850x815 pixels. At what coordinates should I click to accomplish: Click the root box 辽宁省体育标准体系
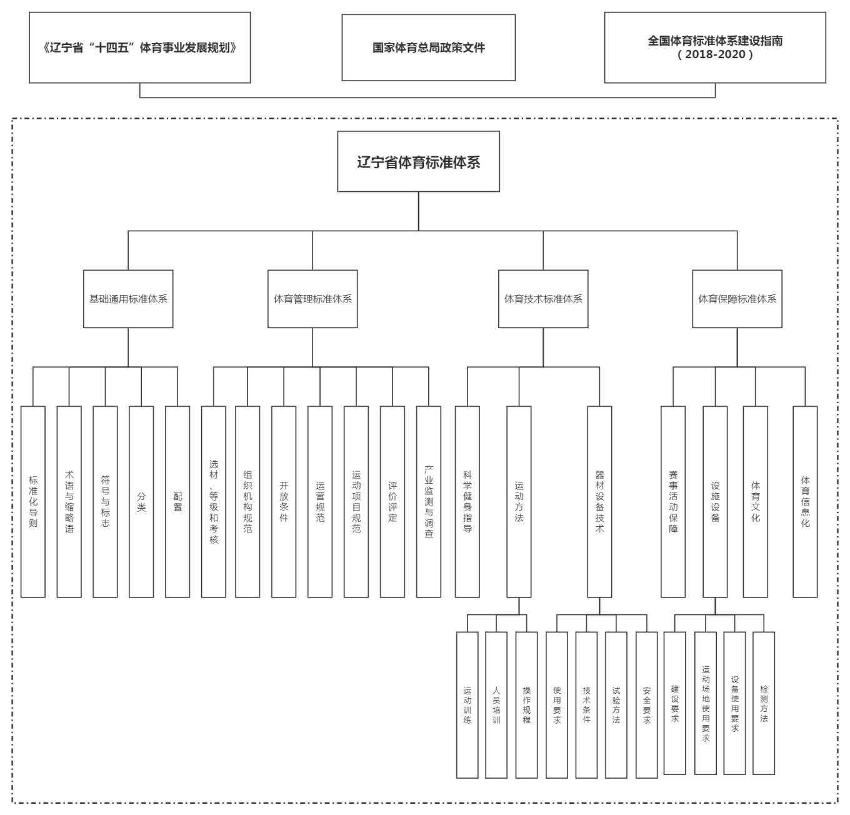coord(418,161)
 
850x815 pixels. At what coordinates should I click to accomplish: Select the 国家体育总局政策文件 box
coord(428,47)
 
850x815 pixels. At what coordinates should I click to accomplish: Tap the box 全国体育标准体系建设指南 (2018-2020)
coord(715,47)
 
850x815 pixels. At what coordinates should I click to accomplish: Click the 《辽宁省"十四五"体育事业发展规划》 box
coord(139,47)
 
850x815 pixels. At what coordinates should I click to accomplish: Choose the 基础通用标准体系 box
coord(128,299)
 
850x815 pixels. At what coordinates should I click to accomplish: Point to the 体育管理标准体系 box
coord(312,299)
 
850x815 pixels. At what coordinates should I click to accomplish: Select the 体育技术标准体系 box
coord(543,299)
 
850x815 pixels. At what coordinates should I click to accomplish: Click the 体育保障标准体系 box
coord(737,299)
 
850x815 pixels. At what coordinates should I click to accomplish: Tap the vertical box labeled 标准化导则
coord(33,501)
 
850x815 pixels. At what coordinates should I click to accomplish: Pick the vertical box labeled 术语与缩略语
coord(69,501)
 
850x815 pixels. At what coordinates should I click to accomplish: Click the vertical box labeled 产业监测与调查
coord(429,501)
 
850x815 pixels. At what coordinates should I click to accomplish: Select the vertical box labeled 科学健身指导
coord(467,501)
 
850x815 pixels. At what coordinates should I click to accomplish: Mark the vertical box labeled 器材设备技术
coord(599,501)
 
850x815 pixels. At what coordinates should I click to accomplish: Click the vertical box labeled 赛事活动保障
coord(673,501)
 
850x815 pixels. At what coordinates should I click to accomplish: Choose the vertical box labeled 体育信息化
coord(805,501)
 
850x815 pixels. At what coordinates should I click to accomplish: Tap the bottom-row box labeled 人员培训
coord(496,705)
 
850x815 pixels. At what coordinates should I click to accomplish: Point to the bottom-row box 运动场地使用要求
coord(706,703)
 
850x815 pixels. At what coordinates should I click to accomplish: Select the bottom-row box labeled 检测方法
coord(764,703)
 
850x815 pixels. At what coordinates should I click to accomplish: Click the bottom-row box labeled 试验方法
coord(616,705)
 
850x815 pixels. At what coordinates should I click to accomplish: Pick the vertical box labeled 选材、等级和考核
coord(214,501)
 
